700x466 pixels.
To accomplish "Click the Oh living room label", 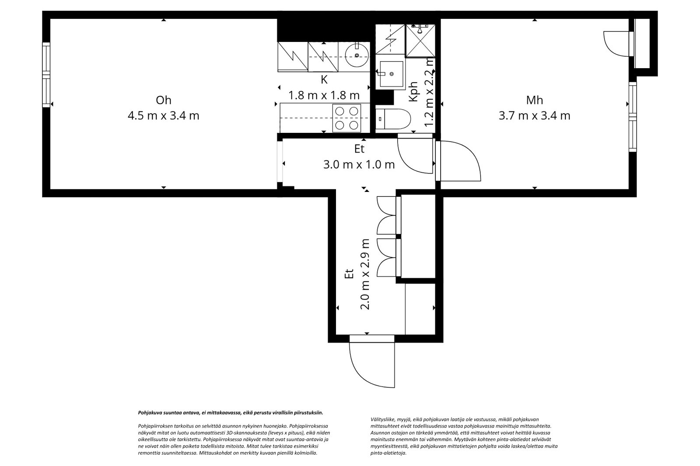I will pos(163,100).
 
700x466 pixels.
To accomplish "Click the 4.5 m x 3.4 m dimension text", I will pos(163,116).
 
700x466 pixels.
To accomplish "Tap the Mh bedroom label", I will pos(534,100).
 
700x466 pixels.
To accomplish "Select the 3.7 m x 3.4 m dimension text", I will pos(534,116).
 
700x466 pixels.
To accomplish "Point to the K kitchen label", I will pos(324,80).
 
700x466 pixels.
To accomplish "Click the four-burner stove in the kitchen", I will pos(347,118).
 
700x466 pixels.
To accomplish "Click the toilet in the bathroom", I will pos(393,118).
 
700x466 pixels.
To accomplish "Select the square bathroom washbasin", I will pos(391,73).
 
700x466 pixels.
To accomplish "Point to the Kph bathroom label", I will pos(414,92).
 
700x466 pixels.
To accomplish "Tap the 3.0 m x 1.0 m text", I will pos(359,165).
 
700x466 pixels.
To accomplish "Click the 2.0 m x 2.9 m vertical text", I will pos(365,274).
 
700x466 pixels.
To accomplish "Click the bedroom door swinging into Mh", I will pos(459,161).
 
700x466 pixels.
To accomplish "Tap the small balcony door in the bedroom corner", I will pos(617,44).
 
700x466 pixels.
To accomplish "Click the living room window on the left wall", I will pos(46,74).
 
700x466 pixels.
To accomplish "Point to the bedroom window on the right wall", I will pos(632,117).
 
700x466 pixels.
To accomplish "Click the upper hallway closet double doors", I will pos(387,215).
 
